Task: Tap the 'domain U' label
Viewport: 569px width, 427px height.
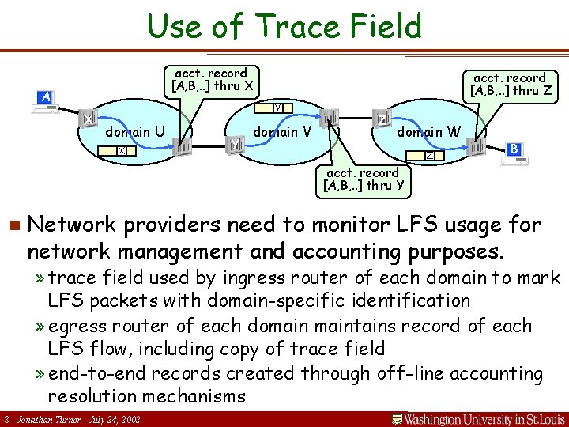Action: [135, 131]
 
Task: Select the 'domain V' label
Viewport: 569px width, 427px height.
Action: [281, 131]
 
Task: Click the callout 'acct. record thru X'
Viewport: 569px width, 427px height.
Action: [211, 79]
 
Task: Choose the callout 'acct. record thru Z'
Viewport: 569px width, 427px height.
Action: [510, 84]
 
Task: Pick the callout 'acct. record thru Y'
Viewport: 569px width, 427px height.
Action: [363, 179]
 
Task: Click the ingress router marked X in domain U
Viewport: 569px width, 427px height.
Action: [89, 118]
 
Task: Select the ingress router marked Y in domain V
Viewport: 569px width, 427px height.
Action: [236, 145]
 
